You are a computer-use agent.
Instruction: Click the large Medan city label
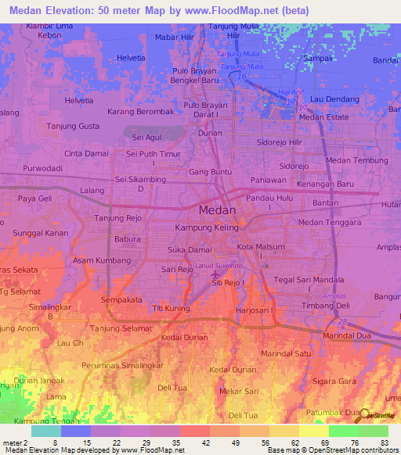(x=213, y=210)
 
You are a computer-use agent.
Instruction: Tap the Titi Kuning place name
(x=171, y=309)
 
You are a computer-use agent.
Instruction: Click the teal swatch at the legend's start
(x=45, y=431)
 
